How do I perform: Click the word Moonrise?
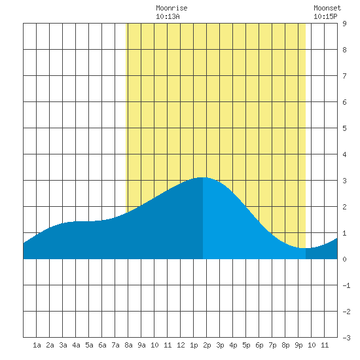click(x=171, y=8)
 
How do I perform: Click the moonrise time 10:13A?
click(x=168, y=16)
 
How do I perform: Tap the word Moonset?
click(x=327, y=8)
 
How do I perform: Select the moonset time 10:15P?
click(x=325, y=16)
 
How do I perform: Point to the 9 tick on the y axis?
click(x=344, y=24)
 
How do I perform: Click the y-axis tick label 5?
click(x=344, y=128)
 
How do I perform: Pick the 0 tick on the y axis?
click(x=344, y=259)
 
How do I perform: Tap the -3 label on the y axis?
click(x=346, y=338)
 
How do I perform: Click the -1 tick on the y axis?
click(x=346, y=285)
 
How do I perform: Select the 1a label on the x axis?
click(x=37, y=345)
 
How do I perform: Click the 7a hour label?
click(x=115, y=345)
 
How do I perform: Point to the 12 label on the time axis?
click(x=181, y=345)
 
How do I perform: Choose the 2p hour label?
click(x=207, y=345)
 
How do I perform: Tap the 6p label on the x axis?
click(x=259, y=345)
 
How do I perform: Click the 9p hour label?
click(x=298, y=345)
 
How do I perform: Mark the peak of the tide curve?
click(x=202, y=177)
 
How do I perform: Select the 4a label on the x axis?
click(x=76, y=345)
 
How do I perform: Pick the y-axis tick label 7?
click(x=344, y=76)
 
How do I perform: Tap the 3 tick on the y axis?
click(x=344, y=181)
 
